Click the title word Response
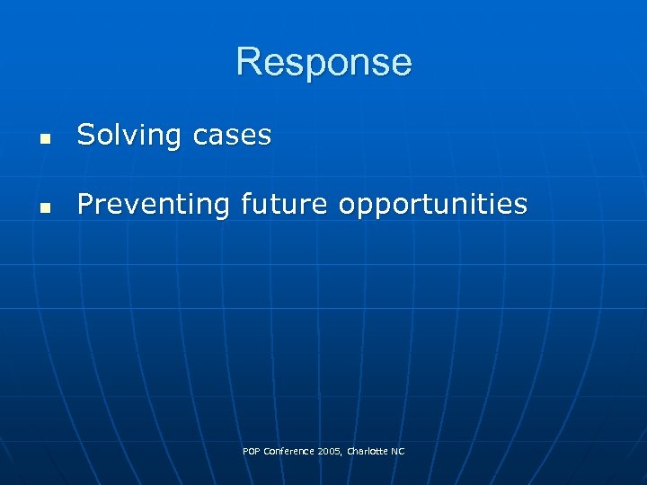(x=323, y=63)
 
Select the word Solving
(x=129, y=136)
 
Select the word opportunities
(x=433, y=206)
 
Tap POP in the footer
(x=252, y=451)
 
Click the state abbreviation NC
(x=397, y=451)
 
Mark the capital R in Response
(x=249, y=63)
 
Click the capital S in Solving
(x=86, y=136)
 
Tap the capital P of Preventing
(x=85, y=205)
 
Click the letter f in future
(x=245, y=204)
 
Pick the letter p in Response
(x=311, y=66)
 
